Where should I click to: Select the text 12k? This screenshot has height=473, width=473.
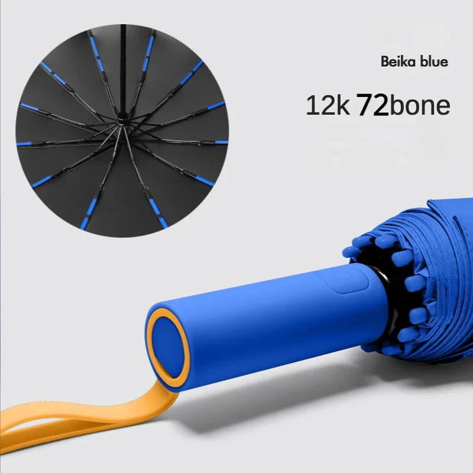(x=328, y=105)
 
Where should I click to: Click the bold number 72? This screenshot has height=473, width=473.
(x=373, y=105)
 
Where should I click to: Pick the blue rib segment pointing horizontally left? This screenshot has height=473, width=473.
(x=24, y=144)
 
